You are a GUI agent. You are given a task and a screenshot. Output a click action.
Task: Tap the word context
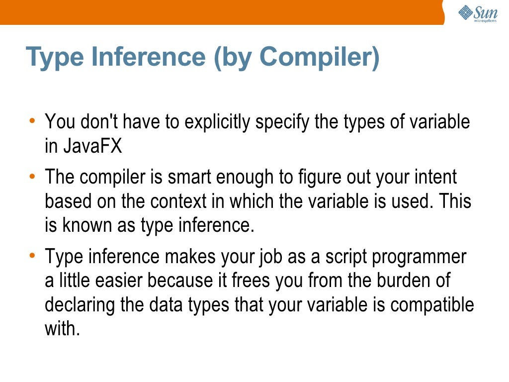pos(178,202)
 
